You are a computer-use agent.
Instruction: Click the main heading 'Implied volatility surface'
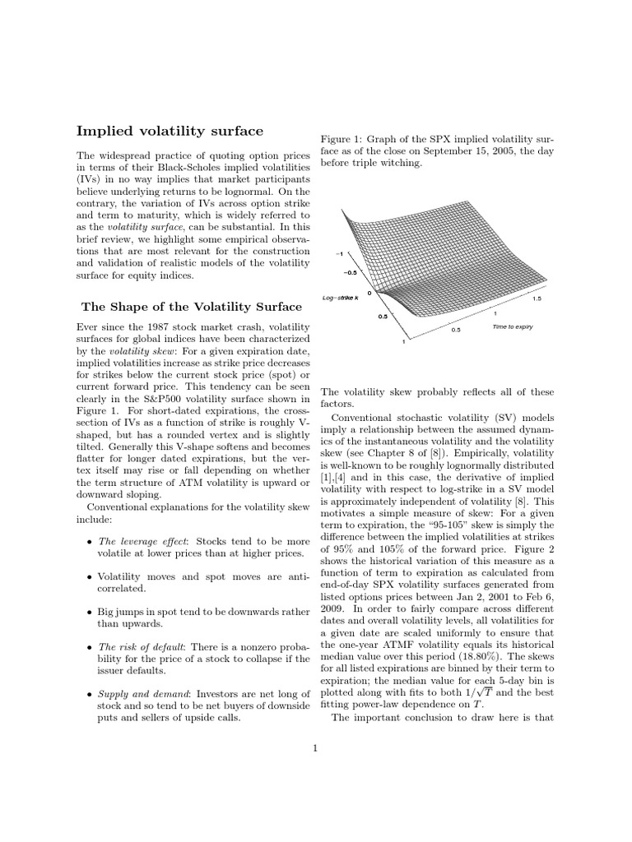[170, 131]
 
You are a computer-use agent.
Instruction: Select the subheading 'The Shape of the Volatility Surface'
[191, 307]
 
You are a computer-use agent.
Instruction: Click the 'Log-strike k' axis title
[341, 297]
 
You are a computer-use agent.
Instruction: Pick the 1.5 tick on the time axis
[536, 299]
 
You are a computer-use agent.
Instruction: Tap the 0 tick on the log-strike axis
[369, 292]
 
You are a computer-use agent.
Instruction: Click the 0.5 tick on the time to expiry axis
[456, 330]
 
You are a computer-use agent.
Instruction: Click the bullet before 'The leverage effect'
[89, 542]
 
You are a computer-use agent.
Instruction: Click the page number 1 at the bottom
[315, 747]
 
